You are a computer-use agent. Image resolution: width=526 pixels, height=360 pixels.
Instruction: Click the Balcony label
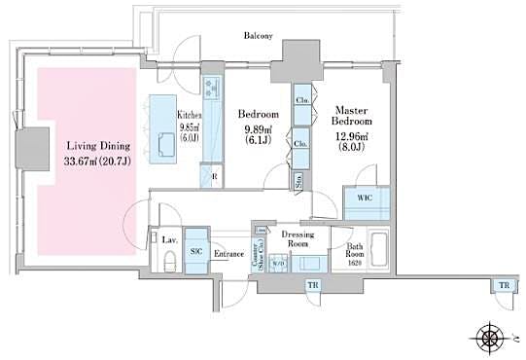(x=258, y=36)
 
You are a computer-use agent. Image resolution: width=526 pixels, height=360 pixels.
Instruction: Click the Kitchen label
(x=188, y=115)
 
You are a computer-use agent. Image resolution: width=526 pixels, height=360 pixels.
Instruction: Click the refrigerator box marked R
(x=212, y=177)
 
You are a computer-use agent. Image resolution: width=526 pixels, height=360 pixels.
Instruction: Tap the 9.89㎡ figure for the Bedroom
(x=258, y=129)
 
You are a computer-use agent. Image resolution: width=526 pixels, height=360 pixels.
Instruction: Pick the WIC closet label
(x=365, y=197)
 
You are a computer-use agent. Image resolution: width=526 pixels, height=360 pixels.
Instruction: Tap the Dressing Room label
(x=295, y=239)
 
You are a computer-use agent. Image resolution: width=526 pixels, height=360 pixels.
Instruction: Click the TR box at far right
(x=502, y=284)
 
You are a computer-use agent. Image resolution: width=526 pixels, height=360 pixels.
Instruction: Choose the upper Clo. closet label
(x=301, y=102)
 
